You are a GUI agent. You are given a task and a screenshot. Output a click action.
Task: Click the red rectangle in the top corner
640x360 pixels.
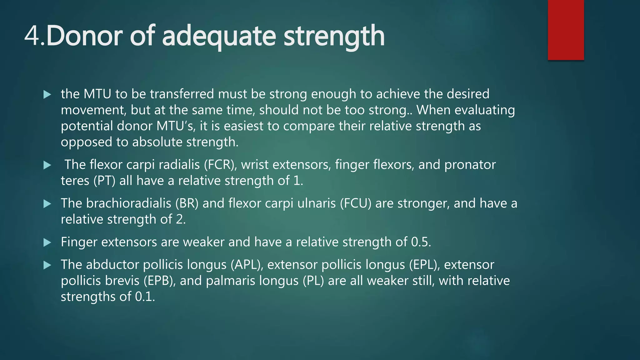click(x=566, y=30)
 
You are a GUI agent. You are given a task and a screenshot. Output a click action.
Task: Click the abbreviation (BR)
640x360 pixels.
click(x=187, y=203)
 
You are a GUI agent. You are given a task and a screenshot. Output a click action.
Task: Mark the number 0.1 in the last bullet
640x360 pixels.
click(x=144, y=297)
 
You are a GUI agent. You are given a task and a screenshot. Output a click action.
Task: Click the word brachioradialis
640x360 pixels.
click(x=128, y=203)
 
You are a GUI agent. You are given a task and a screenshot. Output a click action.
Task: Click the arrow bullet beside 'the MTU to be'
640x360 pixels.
click(x=47, y=94)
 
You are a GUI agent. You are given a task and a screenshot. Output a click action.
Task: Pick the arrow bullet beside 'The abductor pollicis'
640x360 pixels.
click(x=47, y=265)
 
